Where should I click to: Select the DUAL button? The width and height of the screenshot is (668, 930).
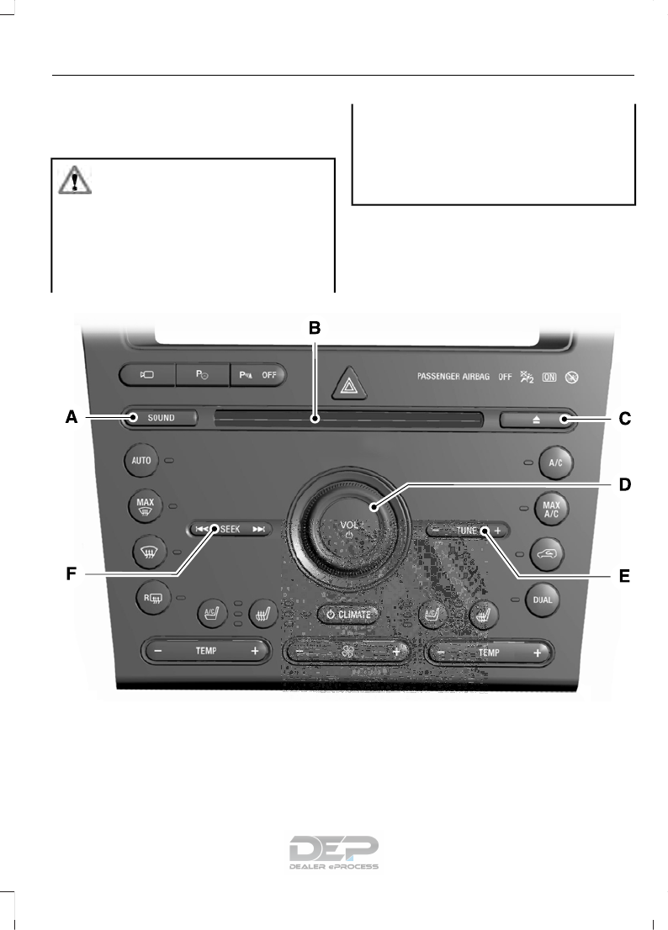point(542,600)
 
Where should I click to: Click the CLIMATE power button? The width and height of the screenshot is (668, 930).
point(347,615)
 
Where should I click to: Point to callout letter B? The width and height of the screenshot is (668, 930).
point(314,328)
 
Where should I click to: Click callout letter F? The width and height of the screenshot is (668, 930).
point(73,575)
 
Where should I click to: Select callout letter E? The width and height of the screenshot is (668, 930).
point(623,576)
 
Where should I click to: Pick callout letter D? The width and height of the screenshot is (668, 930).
point(624,484)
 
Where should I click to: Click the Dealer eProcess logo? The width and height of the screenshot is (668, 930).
point(334,852)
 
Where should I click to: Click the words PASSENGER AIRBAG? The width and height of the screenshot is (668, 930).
point(453,377)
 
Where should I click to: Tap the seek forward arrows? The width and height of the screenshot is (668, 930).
point(259,529)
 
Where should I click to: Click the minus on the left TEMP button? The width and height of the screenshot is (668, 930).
point(157,651)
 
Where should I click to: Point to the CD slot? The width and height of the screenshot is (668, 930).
point(348,418)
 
